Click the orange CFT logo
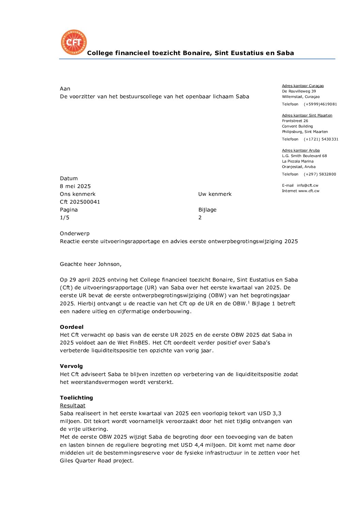point(74,42)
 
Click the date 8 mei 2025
point(75,186)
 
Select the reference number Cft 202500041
point(80,202)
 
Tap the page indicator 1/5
point(65,218)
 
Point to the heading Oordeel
point(71,327)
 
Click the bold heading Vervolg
point(71,366)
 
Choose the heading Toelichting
point(76,397)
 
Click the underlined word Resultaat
point(72,405)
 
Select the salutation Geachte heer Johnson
point(91,264)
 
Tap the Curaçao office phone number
point(320,104)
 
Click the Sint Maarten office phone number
point(321,139)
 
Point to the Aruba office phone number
point(320,174)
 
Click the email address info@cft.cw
point(308,185)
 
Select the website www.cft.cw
point(309,191)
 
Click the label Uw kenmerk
point(215,194)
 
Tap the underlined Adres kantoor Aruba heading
point(301,150)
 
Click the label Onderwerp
point(75,233)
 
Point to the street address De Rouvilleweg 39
point(299,91)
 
